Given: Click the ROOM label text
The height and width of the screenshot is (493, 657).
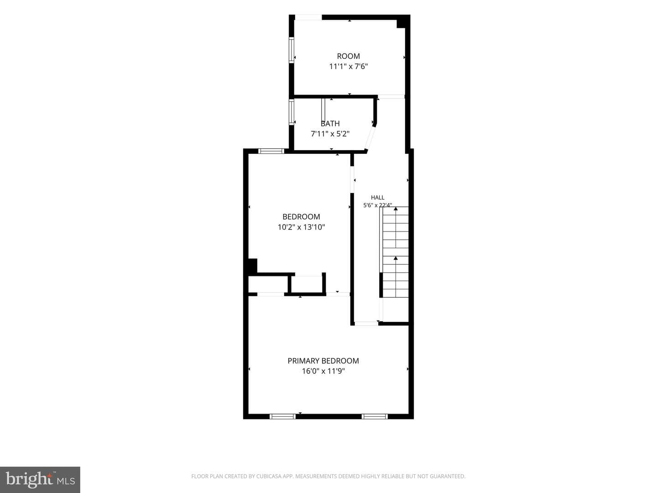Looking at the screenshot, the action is click(348, 56).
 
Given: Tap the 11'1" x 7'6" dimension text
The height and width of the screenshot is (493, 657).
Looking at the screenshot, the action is click(349, 66).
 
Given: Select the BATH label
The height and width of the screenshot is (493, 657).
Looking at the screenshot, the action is click(330, 123).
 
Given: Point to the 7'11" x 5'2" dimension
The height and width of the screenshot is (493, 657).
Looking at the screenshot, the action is click(330, 133).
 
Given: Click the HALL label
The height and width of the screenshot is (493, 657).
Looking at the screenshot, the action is click(377, 197).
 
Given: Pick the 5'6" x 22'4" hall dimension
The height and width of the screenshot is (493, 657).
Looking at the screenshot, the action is click(377, 205).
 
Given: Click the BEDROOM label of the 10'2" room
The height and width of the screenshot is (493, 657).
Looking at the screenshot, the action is click(301, 216).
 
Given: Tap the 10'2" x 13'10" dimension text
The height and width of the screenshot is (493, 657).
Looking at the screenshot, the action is click(301, 227).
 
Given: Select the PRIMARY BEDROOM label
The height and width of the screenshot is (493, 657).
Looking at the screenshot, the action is click(323, 361).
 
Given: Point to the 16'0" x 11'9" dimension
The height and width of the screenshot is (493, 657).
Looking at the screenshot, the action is click(323, 371).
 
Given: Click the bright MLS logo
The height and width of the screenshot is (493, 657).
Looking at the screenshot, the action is click(40, 480).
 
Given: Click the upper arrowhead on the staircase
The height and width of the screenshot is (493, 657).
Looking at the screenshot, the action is click(396, 209).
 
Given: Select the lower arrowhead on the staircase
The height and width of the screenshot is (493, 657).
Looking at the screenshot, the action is click(396, 258).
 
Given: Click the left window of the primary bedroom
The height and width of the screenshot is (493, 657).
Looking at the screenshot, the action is click(282, 416).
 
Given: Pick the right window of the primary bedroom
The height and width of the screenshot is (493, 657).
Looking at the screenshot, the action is click(375, 416).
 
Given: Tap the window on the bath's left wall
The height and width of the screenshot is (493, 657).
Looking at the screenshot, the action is click(291, 112).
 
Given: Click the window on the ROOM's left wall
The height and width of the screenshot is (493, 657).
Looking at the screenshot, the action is click(291, 50).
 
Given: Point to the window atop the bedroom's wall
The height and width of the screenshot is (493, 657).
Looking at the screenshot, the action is click(271, 151).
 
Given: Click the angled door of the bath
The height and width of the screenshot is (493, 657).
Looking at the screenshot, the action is click(370, 137).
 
